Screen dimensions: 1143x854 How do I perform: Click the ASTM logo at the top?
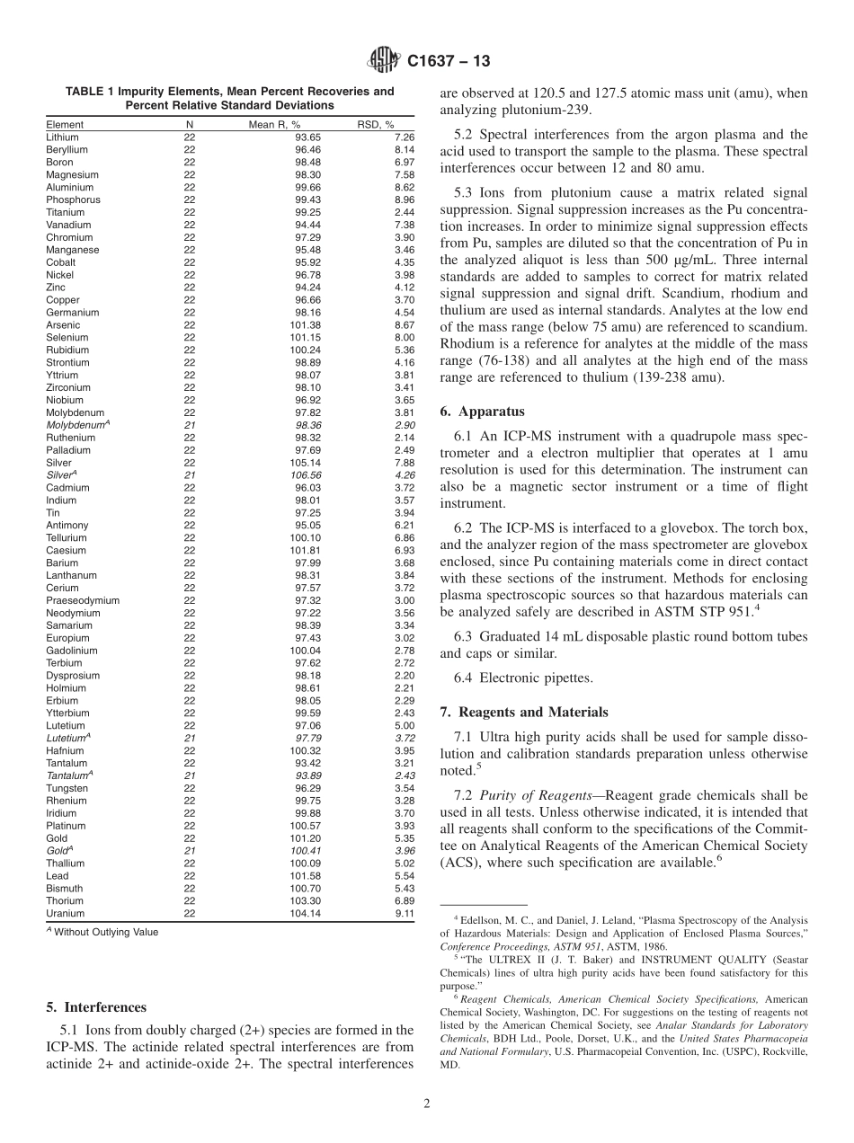384,62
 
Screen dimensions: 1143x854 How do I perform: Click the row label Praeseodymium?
83,600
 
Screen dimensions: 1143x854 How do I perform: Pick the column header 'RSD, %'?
378,125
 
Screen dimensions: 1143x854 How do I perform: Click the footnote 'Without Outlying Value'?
105,933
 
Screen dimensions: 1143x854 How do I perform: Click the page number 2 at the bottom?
427,1103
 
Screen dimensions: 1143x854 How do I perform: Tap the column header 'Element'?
65,125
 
